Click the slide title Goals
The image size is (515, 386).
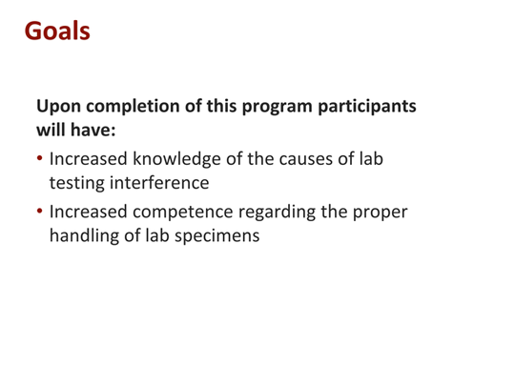coord(57,31)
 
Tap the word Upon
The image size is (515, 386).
coord(60,107)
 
